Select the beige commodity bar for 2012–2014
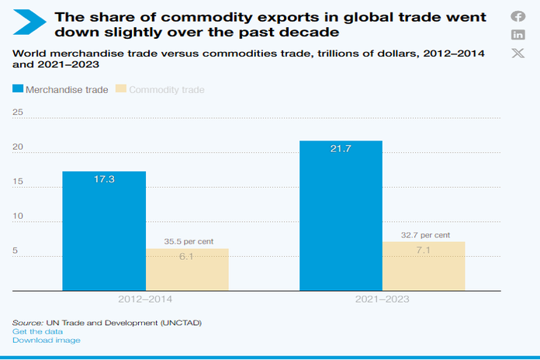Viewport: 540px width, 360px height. click(187, 269)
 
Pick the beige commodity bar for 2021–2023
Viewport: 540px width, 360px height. click(424, 266)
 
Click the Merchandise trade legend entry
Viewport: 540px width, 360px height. click(60, 90)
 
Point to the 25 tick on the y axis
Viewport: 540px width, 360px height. click(18, 112)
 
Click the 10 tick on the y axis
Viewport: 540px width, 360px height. click(18, 216)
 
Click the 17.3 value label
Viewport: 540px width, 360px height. click(104, 179)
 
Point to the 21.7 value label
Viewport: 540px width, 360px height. click(341, 148)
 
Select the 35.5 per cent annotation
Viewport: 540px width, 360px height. click(187, 241)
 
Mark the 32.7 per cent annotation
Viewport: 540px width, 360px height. click(424, 234)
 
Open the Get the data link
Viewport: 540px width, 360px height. click(37, 331)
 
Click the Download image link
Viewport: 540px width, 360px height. click(46, 340)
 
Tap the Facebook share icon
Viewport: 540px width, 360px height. click(517, 16)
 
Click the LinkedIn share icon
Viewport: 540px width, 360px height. click(517, 35)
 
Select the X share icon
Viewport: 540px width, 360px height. click(517, 53)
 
